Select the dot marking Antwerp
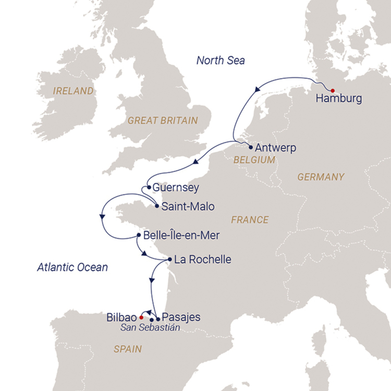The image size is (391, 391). [251, 147]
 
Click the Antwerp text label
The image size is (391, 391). [276, 148]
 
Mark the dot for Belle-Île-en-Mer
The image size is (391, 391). [138, 236]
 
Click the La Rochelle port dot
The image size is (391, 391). [170, 259]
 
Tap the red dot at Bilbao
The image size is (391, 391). [141, 316]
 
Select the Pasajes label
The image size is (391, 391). [181, 316]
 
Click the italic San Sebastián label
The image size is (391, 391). [150, 328]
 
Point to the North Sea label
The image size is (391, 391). [221, 60]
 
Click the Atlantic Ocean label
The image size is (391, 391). [72, 267]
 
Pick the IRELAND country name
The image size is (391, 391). [74, 91]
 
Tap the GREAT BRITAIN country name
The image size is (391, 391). [163, 120]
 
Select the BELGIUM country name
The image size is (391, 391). [254, 160]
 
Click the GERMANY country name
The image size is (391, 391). [321, 177]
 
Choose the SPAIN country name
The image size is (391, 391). [128, 349]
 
